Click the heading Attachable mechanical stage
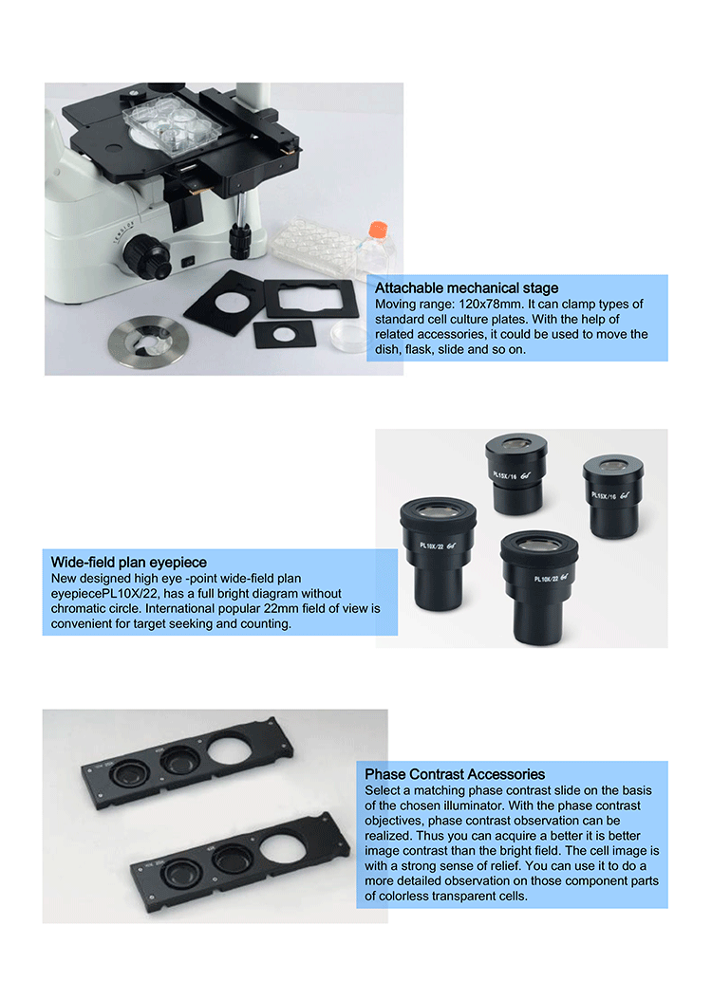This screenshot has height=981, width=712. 466,287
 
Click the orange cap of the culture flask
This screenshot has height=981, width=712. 378,229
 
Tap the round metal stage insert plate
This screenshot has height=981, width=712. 148,342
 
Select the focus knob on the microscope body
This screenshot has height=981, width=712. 147,256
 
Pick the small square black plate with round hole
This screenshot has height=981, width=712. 284,334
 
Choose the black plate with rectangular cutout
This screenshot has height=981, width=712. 311,299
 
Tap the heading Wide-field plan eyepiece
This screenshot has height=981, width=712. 128,562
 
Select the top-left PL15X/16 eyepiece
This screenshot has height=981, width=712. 516,473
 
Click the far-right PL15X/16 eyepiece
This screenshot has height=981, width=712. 612,497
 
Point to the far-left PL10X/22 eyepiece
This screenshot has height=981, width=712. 438,552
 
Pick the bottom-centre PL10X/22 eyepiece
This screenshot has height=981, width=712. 539,586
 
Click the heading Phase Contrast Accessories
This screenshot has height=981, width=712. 455,774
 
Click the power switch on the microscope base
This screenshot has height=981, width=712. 188,262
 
